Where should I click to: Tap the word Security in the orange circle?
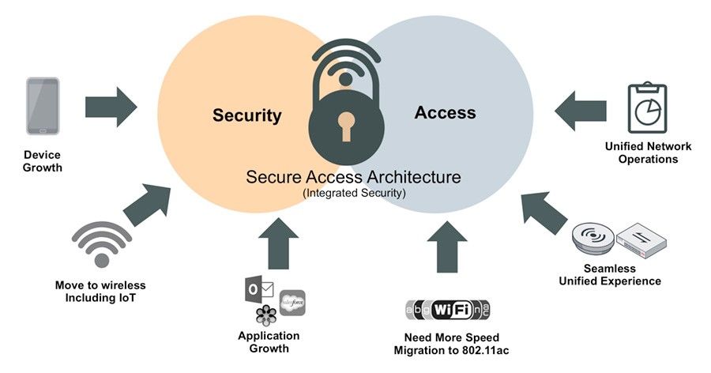coord(246,115)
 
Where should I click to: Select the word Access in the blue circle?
coord(445,113)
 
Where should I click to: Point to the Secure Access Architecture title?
coord(354,175)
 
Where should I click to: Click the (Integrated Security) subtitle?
coord(354,192)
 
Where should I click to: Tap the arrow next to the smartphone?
coord(111,106)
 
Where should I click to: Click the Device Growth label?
coord(42,161)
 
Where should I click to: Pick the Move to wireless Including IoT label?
coord(100,291)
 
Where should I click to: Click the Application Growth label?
coord(269,341)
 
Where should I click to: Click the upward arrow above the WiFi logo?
coord(447,245)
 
